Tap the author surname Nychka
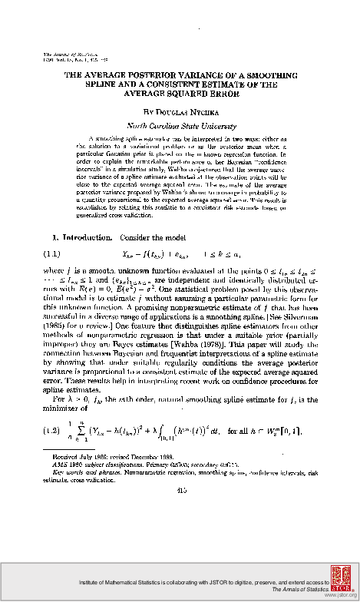point(196,110)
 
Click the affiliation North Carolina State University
point(180,122)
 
